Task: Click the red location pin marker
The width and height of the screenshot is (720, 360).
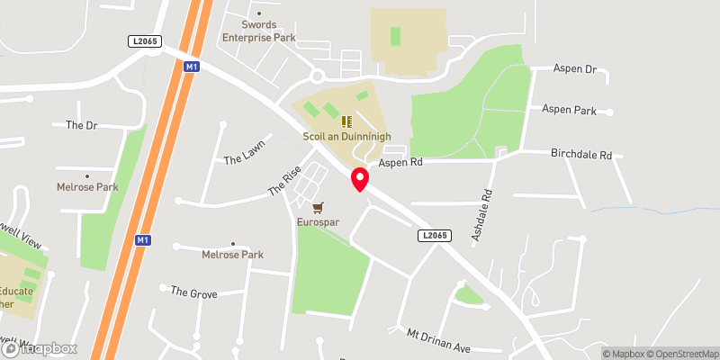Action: coord(359,179)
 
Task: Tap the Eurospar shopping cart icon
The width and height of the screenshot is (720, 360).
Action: coord(317,207)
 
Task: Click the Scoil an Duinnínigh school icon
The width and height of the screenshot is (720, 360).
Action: coord(346,121)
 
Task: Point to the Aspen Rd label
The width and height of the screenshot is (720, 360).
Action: coord(400,163)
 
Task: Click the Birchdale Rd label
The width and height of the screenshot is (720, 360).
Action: coord(580,155)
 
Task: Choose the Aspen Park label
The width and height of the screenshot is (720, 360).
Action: coord(569,110)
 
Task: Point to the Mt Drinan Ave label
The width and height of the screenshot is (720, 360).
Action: coord(438,340)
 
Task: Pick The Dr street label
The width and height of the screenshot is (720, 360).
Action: coord(81,125)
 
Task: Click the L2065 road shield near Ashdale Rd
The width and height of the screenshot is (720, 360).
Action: coord(432,235)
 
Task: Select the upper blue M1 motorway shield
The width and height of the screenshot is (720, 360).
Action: coord(191,67)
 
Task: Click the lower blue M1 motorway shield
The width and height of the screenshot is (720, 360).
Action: coord(142,240)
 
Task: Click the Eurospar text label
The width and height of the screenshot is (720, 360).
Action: coord(317,221)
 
